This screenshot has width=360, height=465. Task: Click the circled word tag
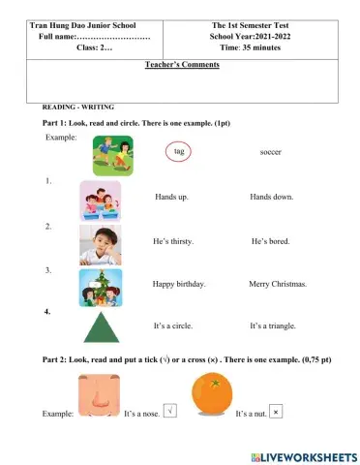tap(178, 152)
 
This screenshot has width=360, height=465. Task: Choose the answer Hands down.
tap(271, 196)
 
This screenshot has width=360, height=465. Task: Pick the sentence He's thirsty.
tap(175, 240)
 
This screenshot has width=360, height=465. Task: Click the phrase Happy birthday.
tap(180, 285)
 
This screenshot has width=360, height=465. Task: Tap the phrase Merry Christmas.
tap(278, 285)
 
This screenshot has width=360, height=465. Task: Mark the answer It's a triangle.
tap(273, 326)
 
